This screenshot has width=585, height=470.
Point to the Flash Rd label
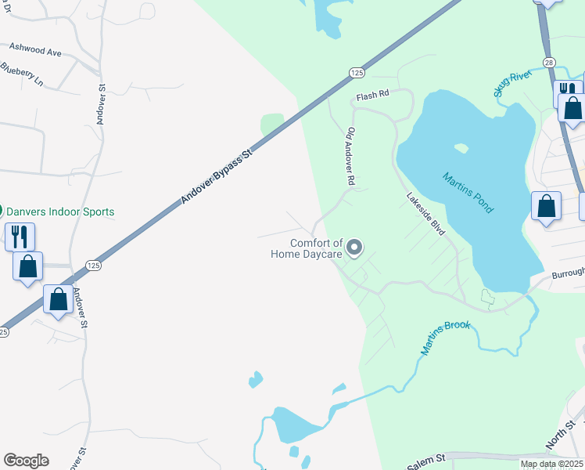pos(372,96)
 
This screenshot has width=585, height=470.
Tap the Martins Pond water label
pos(468,193)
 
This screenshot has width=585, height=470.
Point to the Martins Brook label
pos(446,337)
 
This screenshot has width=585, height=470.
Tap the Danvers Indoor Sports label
pos(60,211)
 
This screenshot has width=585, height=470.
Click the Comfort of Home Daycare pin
pos(354,248)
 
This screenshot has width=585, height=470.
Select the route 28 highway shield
pos(549,61)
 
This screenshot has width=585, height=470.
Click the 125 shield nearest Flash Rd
pos(357,72)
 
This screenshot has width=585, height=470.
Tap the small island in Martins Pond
pos(461,147)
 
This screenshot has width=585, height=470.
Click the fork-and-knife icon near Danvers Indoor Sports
pos(20,236)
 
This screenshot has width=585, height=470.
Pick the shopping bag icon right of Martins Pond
pos(547,207)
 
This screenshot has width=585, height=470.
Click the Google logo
pos(26,461)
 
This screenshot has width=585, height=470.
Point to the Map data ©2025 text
pos(551,464)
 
